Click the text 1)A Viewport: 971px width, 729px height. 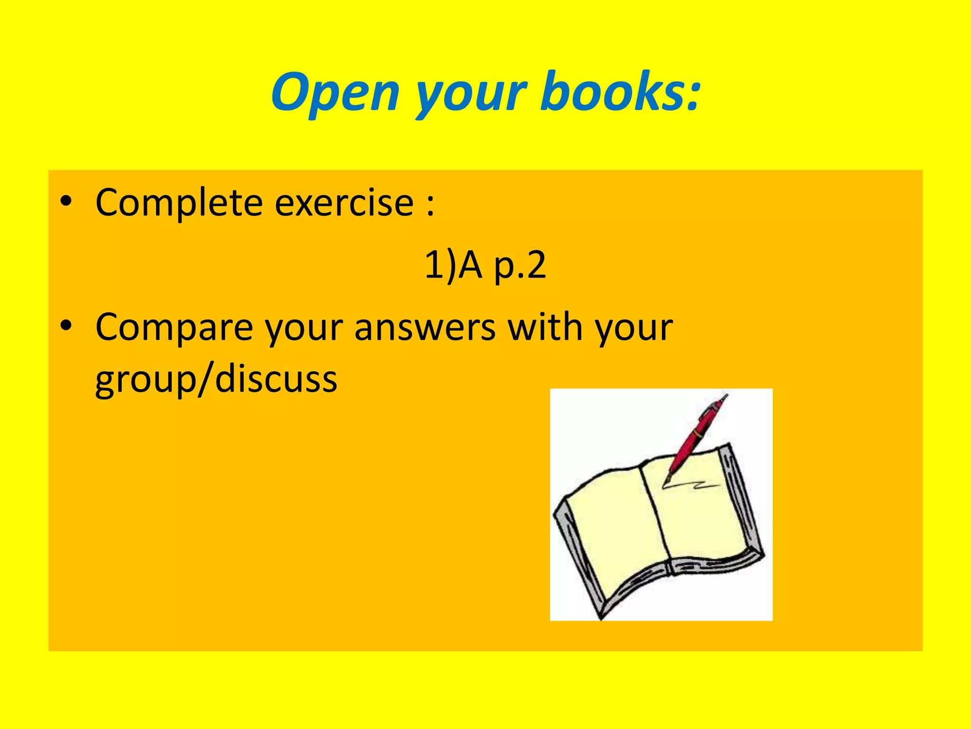click(x=453, y=265)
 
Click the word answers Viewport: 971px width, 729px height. click(x=425, y=327)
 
